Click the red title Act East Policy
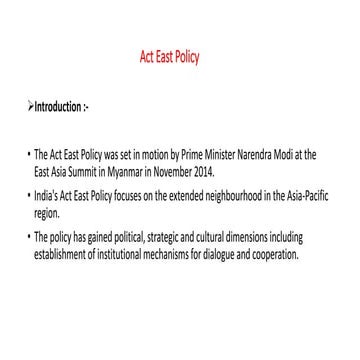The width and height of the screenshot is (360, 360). click(x=170, y=57)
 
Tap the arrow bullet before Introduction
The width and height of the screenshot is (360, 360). click(x=31, y=103)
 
